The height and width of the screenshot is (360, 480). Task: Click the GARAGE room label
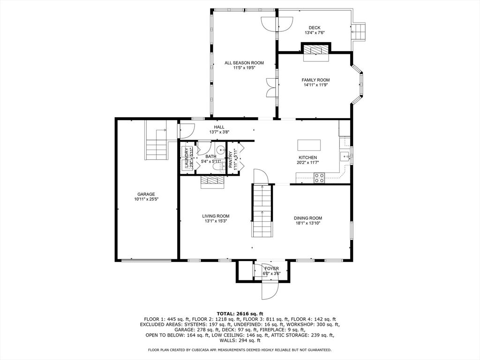146,194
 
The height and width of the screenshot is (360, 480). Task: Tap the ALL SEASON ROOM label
244,63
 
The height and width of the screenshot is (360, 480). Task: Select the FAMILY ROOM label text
315,80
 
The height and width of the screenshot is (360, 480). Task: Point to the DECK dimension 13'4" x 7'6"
315,33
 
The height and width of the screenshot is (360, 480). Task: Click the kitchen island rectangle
309,143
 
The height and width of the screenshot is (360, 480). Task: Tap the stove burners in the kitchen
319,178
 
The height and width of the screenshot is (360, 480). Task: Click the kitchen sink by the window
345,157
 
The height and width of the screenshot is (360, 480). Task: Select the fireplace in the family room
315,51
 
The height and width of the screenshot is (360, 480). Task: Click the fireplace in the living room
213,182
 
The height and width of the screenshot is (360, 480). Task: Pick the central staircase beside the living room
262,211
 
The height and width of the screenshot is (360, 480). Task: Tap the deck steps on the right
359,32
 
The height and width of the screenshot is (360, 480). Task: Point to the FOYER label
271,269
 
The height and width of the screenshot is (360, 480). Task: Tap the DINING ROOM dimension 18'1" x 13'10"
308,223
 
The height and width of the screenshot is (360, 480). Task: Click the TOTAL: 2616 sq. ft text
240,314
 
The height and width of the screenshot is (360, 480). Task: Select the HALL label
219,127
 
